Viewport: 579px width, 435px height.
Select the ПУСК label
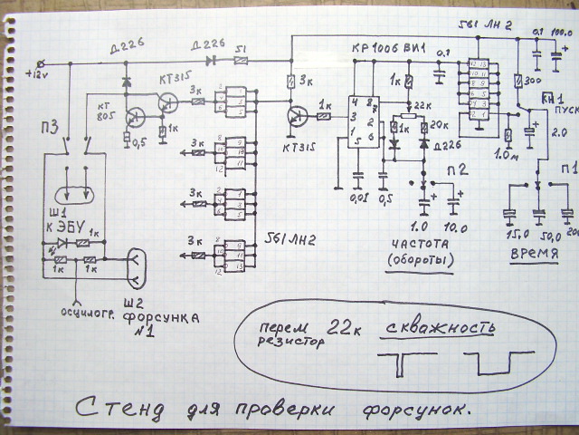(565, 108)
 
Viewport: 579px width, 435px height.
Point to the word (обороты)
(423, 260)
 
